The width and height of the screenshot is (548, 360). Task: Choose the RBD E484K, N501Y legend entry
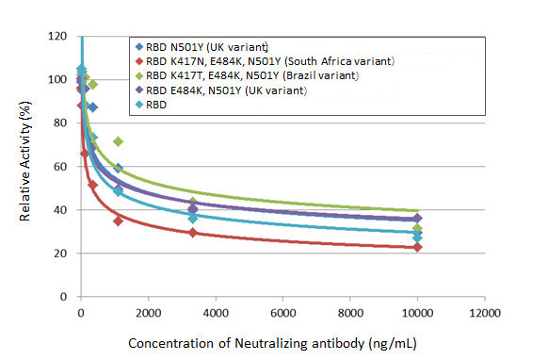click(227, 90)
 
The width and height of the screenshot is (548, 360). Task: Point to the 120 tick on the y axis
click(58, 36)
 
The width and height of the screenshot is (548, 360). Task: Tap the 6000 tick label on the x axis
click(283, 312)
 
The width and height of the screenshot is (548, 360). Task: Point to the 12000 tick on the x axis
click(485, 312)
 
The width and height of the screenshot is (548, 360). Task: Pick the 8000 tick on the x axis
click(350, 312)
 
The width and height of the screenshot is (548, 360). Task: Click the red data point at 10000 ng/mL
click(418, 247)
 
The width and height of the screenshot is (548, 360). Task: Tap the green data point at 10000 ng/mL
click(418, 229)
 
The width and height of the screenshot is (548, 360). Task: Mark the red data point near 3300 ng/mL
click(193, 232)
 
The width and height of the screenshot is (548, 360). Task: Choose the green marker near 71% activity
click(118, 141)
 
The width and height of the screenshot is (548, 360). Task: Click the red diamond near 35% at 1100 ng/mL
click(118, 221)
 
